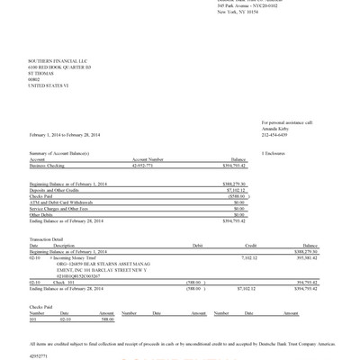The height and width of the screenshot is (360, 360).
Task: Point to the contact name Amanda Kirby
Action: pos(276,128)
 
